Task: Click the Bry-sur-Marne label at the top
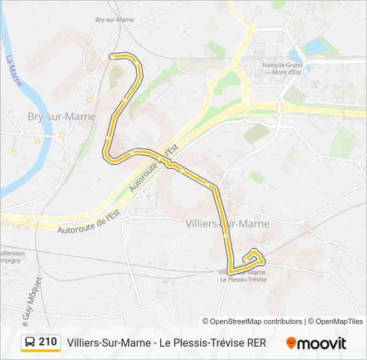115,19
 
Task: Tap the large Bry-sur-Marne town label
61,117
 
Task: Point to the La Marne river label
13,70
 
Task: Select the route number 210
47,342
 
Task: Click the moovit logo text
322,343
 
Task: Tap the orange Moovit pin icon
291,343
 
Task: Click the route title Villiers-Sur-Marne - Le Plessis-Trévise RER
166,343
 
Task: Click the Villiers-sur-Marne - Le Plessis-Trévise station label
242,275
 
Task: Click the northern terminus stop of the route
111,57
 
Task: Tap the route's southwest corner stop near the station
231,271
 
